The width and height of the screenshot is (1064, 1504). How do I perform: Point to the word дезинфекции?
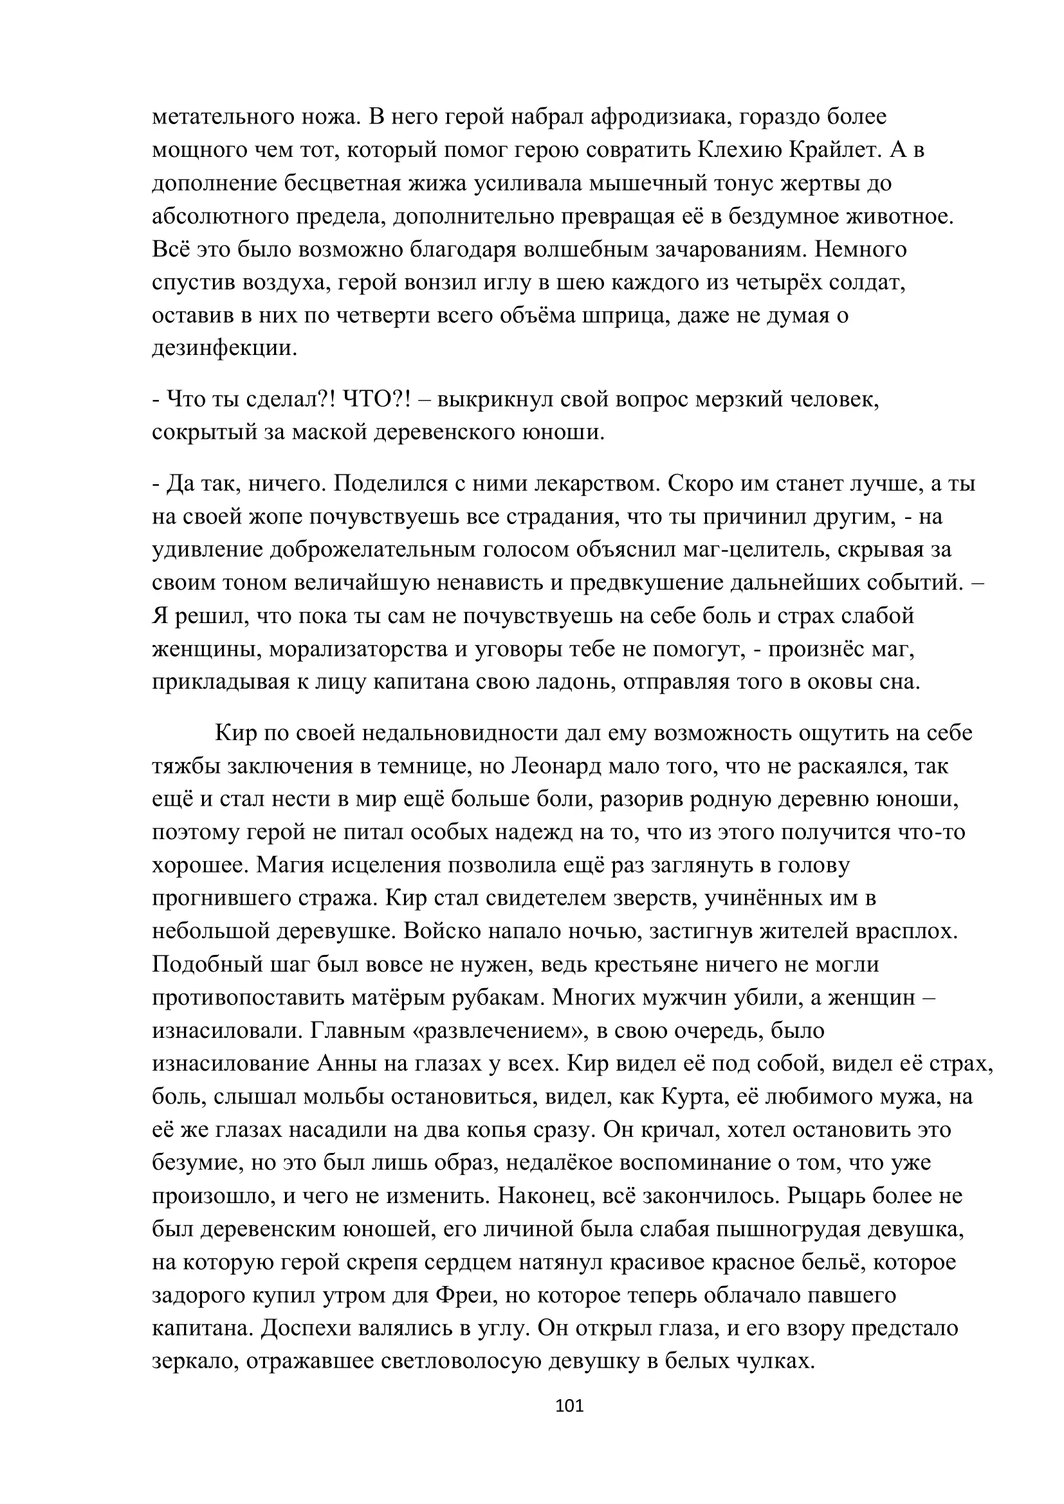pos(225,348)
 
